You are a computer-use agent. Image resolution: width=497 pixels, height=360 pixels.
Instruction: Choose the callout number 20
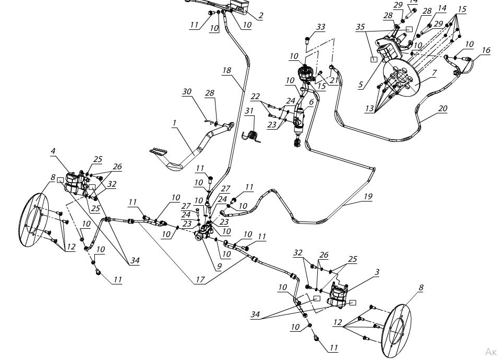(x=442, y=109)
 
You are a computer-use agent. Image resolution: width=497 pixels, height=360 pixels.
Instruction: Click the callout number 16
(x=486, y=50)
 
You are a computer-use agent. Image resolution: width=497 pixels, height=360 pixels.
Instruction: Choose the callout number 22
(x=256, y=97)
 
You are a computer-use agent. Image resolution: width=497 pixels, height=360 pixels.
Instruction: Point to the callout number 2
(x=261, y=15)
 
